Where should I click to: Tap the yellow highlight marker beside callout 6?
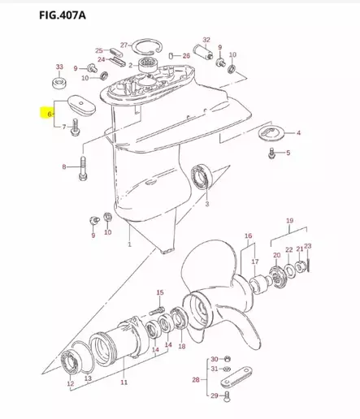41,114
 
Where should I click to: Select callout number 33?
59,66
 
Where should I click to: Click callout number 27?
124,44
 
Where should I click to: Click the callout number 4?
297,132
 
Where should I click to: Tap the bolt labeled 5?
271,153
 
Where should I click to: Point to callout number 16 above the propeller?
249,235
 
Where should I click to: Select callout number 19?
288,220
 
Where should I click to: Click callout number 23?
307,246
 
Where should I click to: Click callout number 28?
195,378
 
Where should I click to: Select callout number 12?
70,382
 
